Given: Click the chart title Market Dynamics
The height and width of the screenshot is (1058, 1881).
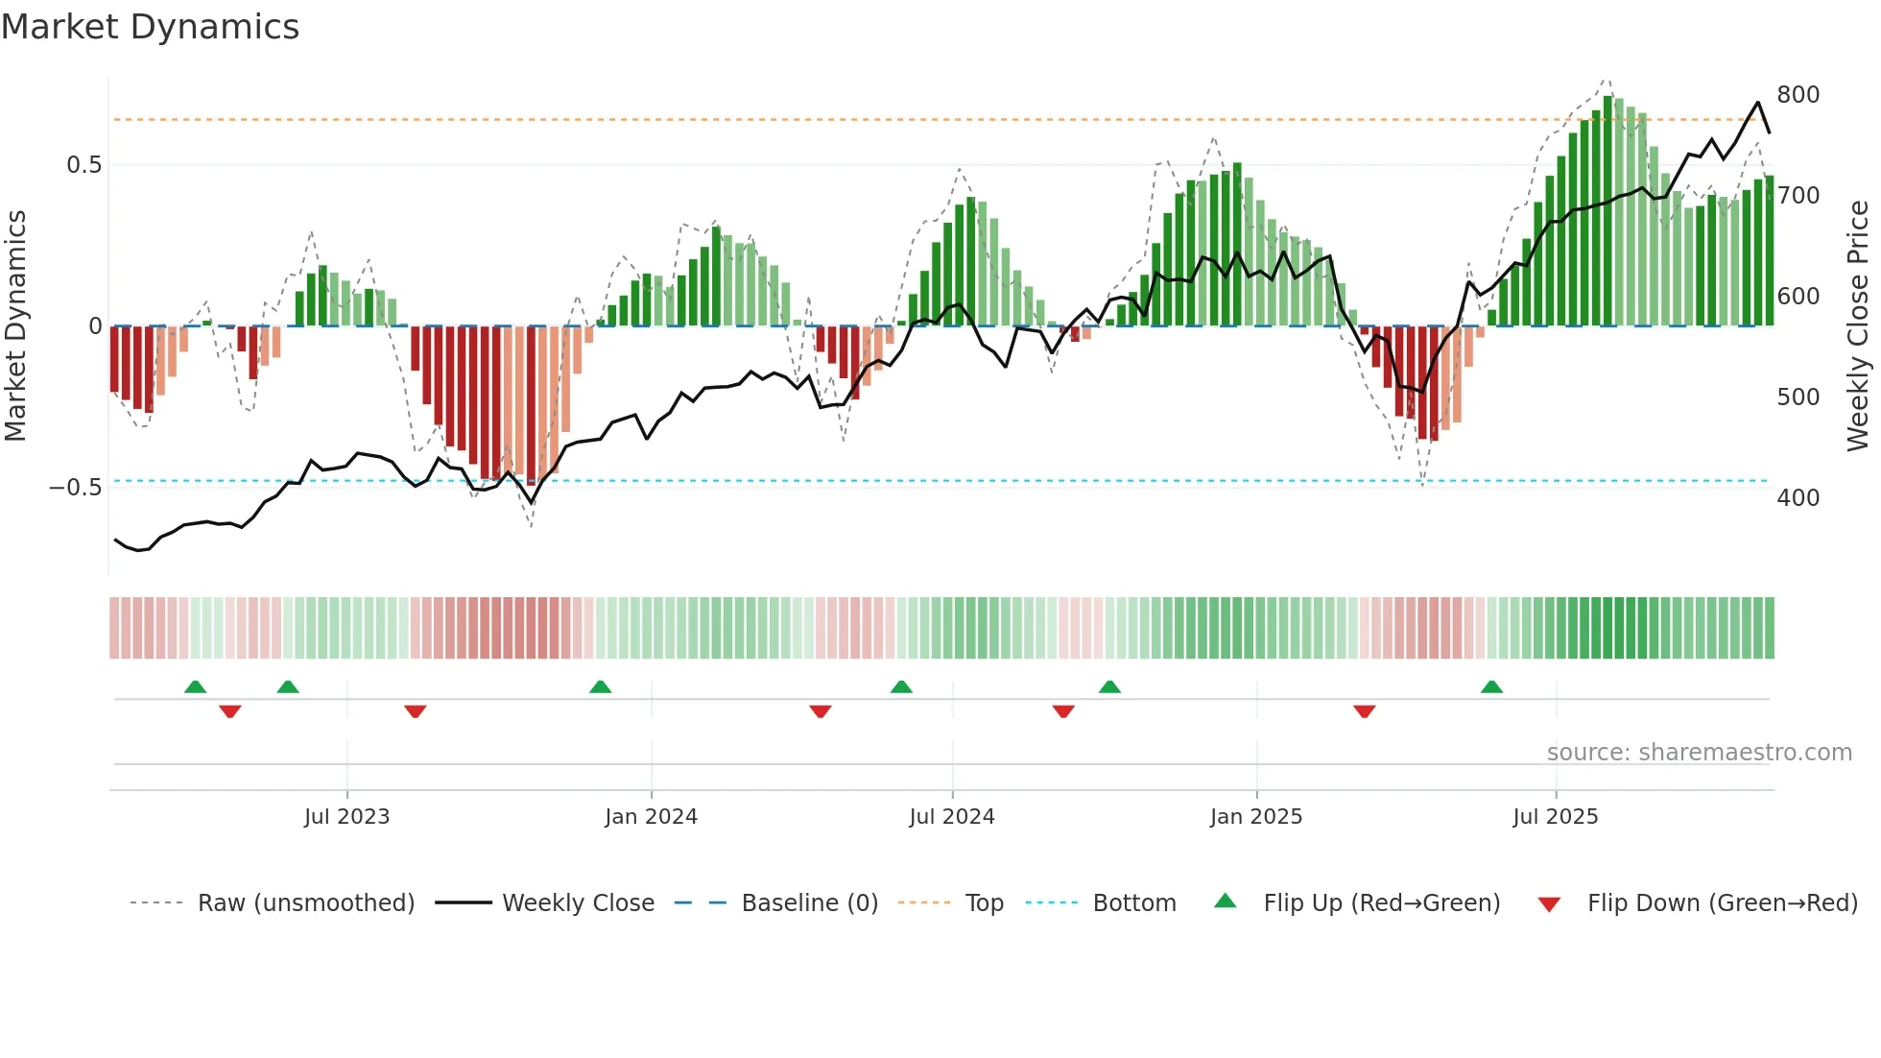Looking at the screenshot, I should point(150,27).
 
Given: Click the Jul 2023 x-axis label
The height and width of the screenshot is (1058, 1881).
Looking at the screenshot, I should point(346,817).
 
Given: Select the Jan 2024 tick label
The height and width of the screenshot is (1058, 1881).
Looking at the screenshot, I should point(651,817).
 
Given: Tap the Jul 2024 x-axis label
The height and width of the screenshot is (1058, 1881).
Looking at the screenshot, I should point(951,817).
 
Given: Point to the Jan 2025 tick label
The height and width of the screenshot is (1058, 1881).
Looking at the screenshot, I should point(1255,817).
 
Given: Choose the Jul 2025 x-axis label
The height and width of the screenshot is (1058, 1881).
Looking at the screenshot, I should point(1555,817).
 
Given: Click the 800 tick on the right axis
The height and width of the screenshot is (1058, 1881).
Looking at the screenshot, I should point(1798,95).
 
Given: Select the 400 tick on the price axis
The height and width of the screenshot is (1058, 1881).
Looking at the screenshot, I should point(1798,498).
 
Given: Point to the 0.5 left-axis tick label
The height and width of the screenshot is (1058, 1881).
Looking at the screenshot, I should point(83,165).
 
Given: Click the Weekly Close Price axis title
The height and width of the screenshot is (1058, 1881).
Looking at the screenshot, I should point(1858,326).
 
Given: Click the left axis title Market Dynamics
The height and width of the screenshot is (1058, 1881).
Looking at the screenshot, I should point(15,326).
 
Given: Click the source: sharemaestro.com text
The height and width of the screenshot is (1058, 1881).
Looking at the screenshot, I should point(1699,753).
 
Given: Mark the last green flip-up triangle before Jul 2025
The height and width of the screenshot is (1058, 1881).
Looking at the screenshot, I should point(1491,687).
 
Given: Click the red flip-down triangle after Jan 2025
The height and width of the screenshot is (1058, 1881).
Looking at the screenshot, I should point(1364,711).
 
